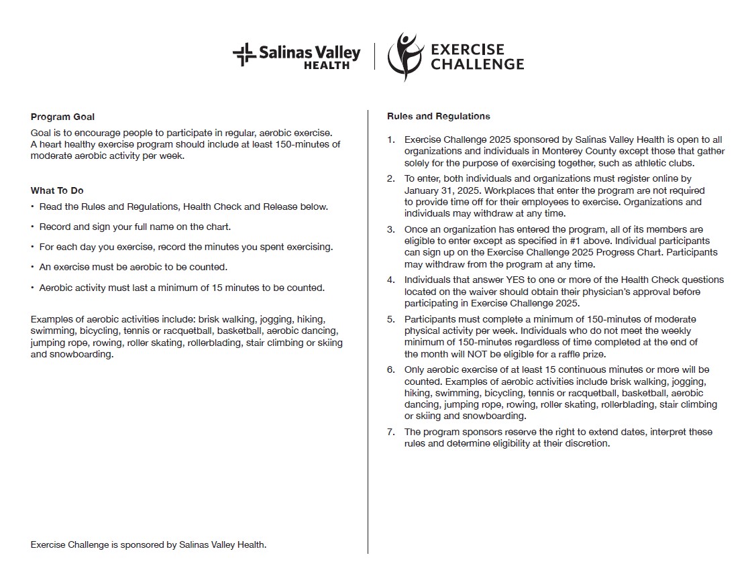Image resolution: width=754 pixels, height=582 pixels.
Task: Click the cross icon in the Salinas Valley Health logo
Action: pos(244,54)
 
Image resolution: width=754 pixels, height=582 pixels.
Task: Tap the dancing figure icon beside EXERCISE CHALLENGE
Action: pos(402,56)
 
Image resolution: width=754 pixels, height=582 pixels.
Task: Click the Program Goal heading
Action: pos(62,117)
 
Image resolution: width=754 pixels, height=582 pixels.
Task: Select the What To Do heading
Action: pos(57,191)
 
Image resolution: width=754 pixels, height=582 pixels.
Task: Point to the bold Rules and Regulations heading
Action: pos(438,117)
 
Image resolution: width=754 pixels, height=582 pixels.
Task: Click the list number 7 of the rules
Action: pos(390,432)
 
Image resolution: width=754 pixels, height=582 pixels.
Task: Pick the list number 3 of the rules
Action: pos(390,230)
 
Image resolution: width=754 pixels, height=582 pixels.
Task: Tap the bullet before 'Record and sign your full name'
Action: pos(32,227)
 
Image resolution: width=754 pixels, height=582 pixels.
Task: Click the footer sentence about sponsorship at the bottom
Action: pos(148,545)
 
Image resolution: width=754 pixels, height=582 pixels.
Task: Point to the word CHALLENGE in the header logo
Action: pos(477,64)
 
